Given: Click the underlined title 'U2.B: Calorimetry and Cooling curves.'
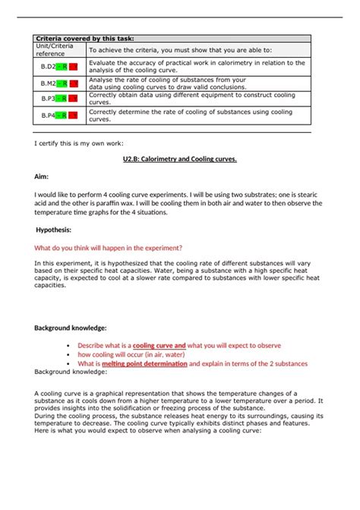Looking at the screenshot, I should point(180,160).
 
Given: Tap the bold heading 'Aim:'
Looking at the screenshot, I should point(41,176).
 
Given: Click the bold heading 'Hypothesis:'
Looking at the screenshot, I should point(54,229).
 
